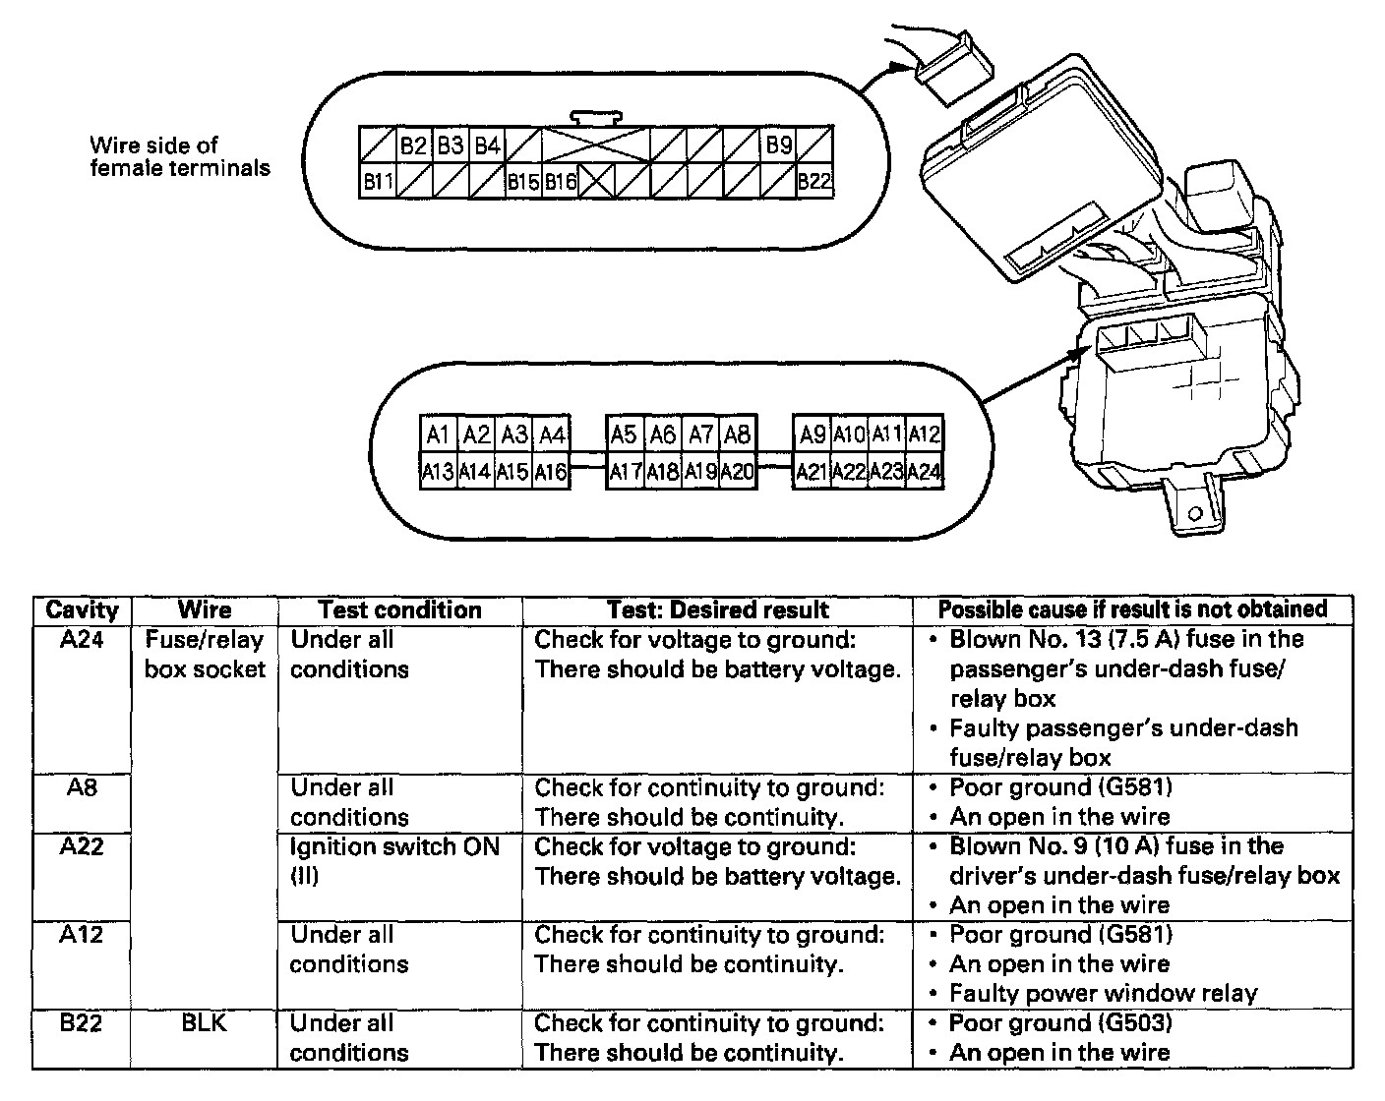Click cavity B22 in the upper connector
[x=814, y=181]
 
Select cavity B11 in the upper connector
[x=378, y=181]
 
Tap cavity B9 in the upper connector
[x=778, y=145]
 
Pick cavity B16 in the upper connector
[x=561, y=181]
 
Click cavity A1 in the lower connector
[x=439, y=435]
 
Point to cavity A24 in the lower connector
[x=924, y=472]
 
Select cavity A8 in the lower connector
[x=736, y=435]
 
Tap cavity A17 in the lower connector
[x=626, y=472]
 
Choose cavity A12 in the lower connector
[x=924, y=435]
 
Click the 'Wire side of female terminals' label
[x=180, y=157]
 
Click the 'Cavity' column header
[x=82, y=609]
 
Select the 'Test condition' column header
[x=399, y=609]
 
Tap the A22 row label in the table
[x=82, y=846]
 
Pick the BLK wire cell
[x=205, y=1023]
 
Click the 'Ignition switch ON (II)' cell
[x=394, y=860]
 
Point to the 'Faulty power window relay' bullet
[x=1103, y=994]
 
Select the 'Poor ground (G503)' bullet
[x=1060, y=1023]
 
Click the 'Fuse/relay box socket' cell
[x=205, y=655]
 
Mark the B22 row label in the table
[x=82, y=1023]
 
